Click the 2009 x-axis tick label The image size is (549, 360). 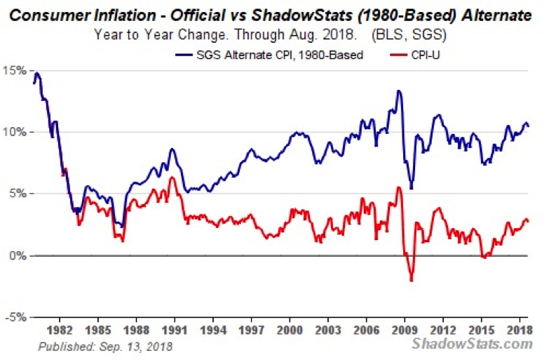(404, 329)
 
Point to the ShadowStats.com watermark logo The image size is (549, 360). (471, 344)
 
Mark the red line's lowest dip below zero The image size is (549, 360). (412, 281)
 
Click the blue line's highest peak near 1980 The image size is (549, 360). (36, 73)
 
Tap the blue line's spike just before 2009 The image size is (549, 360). (398, 91)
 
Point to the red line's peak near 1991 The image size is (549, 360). (171, 178)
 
